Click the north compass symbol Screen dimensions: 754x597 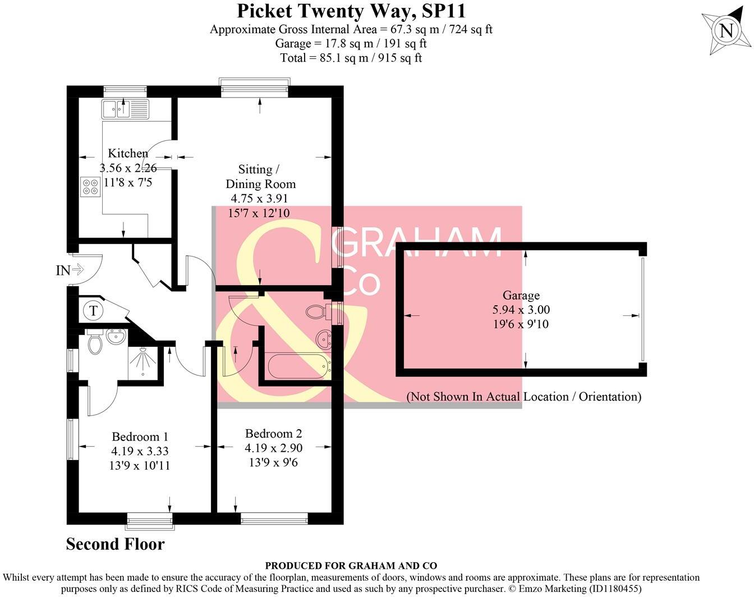[726, 30]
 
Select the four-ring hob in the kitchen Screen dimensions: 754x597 [90, 186]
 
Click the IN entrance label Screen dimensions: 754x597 [63, 270]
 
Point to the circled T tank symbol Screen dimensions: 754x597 [94, 310]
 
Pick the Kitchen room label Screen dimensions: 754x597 [128, 153]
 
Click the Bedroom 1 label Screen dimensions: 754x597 [140, 437]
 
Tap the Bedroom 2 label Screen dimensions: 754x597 [273, 433]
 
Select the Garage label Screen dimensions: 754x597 [521, 295]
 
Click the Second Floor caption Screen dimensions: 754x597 [115, 544]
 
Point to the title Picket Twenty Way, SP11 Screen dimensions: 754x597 [351, 11]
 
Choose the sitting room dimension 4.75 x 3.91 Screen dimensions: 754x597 [259, 199]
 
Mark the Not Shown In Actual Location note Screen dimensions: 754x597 [523, 397]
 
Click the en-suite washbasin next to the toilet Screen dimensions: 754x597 [117, 338]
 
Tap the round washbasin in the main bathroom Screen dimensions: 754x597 [323, 339]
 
